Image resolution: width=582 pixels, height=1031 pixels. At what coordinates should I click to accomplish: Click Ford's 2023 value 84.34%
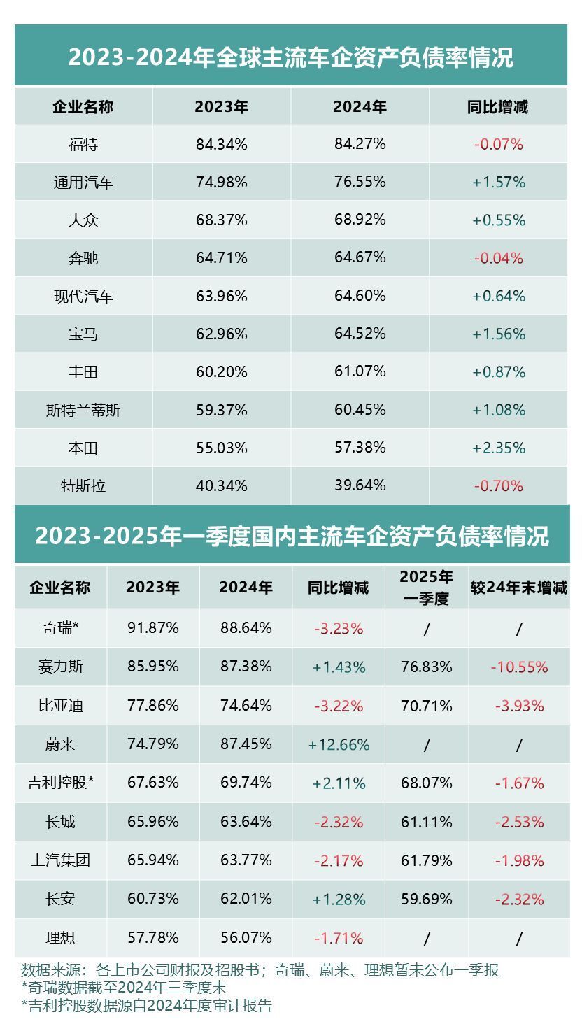[x=221, y=145]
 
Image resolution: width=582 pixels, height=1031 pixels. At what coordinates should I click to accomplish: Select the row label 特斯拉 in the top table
[x=83, y=485]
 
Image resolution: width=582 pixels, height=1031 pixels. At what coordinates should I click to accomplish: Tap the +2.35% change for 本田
[x=499, y=448]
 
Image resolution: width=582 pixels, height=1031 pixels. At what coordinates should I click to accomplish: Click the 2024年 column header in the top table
[x=360, y=107]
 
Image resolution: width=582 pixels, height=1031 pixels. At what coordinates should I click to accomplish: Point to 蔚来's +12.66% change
[x=339, y=745]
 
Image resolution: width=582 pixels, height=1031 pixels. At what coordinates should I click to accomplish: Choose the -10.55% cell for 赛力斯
[x=519, y=667]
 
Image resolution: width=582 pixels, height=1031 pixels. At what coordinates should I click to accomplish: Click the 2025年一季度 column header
[x=426, y=587]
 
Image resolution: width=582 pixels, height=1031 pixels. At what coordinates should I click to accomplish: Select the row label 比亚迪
[x=61, y=706]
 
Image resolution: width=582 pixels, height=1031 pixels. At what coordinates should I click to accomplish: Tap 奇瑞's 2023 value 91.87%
[x=153, y=628]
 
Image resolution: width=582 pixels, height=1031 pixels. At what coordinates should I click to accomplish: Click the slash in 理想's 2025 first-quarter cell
[x=427, y=938]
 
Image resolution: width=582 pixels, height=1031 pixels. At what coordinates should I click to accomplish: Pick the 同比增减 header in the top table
[x=497, y=107]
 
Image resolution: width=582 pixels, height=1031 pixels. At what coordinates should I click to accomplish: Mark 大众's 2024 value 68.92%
[x=360, y=220]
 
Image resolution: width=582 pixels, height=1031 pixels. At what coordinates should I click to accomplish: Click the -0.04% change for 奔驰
[x=499, y=258]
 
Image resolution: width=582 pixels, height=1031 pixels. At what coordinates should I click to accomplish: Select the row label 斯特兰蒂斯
[x=83, y=410]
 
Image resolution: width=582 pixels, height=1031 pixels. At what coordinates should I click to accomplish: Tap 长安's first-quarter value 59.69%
[x=426, y=899]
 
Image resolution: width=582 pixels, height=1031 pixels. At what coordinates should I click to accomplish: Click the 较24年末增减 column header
[x=518, y=588]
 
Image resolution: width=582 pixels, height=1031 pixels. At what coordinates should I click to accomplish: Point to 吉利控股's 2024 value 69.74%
[x=246, y=783]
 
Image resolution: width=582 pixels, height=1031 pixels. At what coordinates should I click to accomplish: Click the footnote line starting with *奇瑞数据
[x=124, y=988]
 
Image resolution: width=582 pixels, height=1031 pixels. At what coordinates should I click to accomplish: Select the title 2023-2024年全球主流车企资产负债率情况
[x=290, y=57]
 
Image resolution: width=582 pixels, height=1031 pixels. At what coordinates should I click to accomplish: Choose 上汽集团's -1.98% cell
[x=519, y=860]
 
